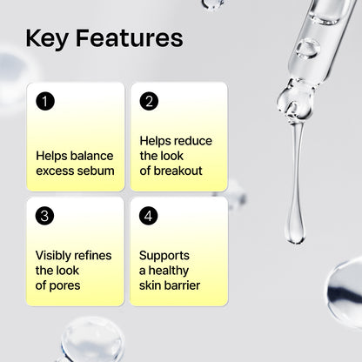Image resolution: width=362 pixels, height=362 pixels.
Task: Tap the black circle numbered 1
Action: tap(45, 101)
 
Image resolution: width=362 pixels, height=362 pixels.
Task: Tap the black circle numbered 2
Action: tap(149, 101)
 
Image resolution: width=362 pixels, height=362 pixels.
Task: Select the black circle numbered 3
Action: tap(45, 215)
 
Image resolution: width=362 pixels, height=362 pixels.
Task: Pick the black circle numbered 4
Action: tap(149, 215)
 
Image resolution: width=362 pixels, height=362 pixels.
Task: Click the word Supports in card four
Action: tap(164, 255)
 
